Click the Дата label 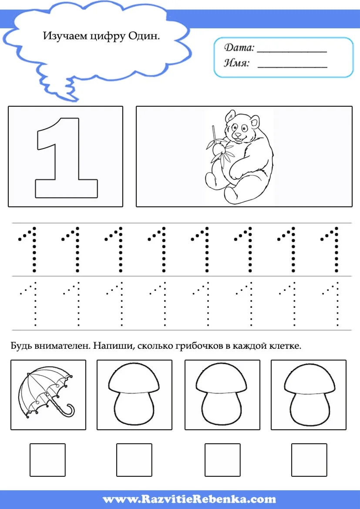pyautogui.click(x=239, y=48)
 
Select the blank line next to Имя pyautogui.click(x=292, y=67)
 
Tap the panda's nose pyautogui.click(x=238, y=134)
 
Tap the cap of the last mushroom pyautogui.click(x=310, y=380)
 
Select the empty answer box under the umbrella pyautogui.click(x=48, y=460)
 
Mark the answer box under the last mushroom pyautogui.click(x=309, y=460)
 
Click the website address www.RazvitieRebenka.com pyautogui.click(x=189, y=499)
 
